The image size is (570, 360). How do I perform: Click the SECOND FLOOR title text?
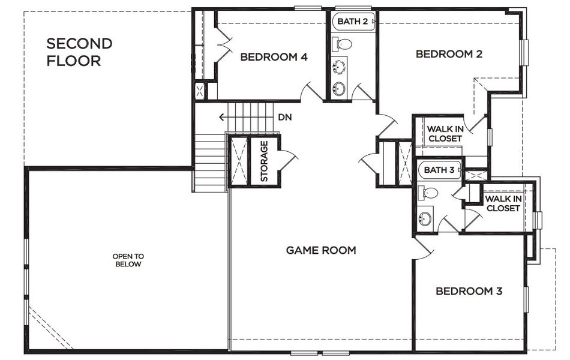pyautogui.click(x=79, y=52)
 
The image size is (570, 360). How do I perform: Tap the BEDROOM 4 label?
pyautogui.click(x=274, y=57)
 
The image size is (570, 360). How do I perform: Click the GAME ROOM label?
pyautogui.click(x=320, y=250)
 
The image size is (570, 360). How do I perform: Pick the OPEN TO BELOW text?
pyautogui.click(x=128, y=260)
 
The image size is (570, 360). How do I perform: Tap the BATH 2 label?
pyautogui.click(x=352, y=21)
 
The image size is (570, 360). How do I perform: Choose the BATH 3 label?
pyautogui.click(x=439, y=170)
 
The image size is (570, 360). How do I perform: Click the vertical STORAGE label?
pyautogui.click(x=264, y=161)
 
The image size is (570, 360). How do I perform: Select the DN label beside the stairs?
pyautogui.click(x=284, y=117)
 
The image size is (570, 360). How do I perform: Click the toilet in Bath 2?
pyautogui.click(x=343, y=44)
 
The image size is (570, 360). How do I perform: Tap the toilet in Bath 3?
pyautogui.click(x=428, y=193)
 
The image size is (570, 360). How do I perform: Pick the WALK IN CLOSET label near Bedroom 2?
pyautogui.click(x=444, y=134)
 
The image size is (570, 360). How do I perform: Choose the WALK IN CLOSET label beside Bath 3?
pyautogui.click(x=502, y=203)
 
